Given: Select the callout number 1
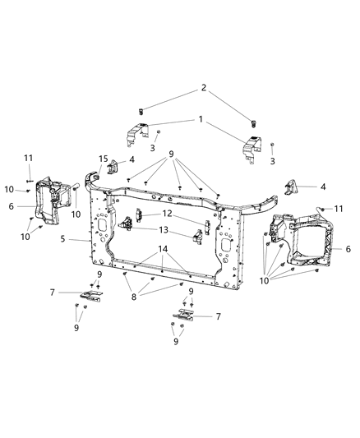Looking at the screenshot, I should (x=200, y=121).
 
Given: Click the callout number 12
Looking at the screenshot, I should (x=167, y=214).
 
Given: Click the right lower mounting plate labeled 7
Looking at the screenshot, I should (x=185, y=315).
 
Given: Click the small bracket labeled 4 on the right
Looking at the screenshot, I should (x=290, y=187).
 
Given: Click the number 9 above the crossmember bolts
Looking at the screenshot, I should (x=171, y=154).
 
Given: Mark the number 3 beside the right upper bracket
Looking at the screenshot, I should (x=272, y=161).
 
